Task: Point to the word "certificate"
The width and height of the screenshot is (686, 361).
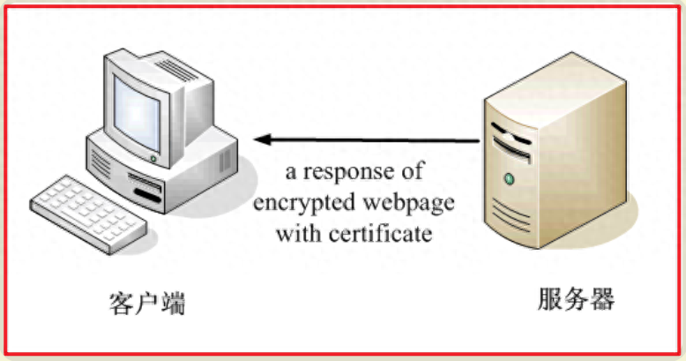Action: coord(380,233)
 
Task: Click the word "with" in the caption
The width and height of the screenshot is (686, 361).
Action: coord(300,233)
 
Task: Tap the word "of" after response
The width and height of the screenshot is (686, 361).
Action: coord(412,170)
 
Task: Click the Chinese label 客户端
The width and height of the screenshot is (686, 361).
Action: coord(147,303)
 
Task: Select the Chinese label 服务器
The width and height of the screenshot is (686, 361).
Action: coord(576,298)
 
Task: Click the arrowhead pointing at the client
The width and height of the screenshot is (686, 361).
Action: coord(262,139)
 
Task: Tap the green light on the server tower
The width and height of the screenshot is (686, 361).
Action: coord(509,179)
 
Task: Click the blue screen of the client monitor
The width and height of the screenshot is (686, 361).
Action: coord(136,114)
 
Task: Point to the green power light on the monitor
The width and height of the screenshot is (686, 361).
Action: coord(153,159)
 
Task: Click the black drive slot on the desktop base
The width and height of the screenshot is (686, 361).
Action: coord(147,195)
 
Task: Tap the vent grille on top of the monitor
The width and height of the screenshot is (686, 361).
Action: coord(176,70)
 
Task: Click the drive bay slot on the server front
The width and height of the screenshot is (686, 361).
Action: coord(511,148)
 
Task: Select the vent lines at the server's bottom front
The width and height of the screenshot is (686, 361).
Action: coord(511,214)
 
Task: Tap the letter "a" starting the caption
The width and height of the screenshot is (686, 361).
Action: coord(290,173)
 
